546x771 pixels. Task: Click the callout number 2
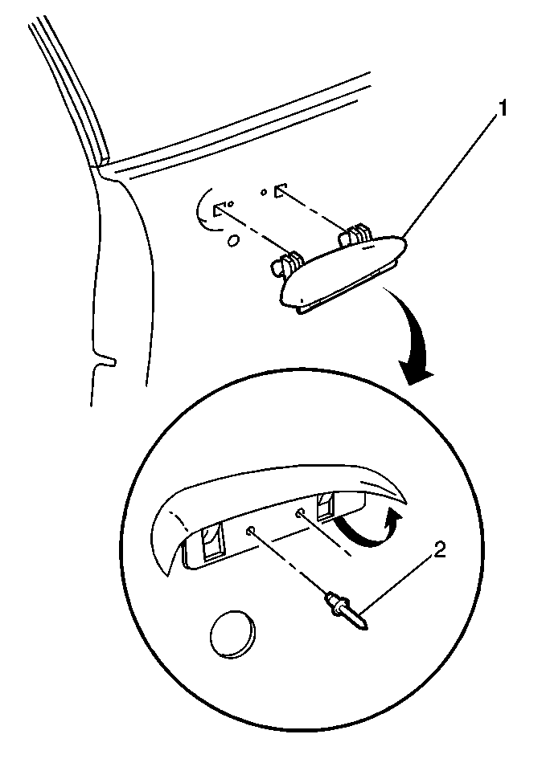click(440, 549)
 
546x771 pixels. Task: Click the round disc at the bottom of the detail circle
click(233, 634)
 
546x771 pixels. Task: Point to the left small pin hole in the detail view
click(251, 529)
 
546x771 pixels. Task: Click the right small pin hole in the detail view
click(299, 513)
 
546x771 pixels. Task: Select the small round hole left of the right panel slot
click(264, 191)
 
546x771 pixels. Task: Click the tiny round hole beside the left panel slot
click(231, 203)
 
